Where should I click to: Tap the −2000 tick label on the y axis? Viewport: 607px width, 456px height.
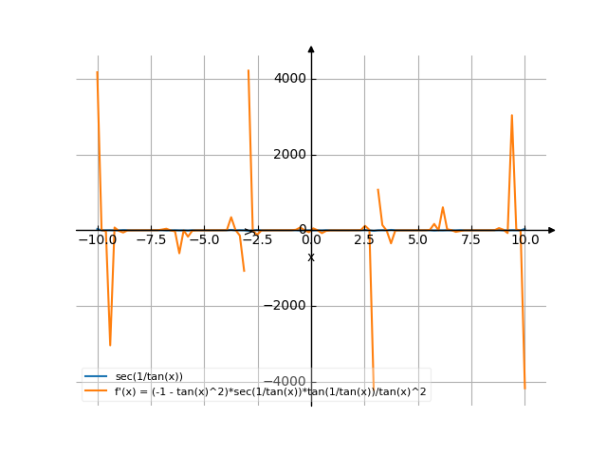click(287, 306)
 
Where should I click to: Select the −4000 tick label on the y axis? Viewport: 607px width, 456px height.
click(287, 382)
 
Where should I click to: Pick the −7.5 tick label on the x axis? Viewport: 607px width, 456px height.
click(151, 240)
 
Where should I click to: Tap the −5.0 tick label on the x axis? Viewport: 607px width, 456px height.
click(204, 240)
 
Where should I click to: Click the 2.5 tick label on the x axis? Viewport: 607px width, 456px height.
click(364, 240)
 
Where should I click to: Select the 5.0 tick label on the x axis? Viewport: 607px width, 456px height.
click(417, 240)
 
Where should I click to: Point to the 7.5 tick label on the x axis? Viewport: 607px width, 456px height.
click(471, 240)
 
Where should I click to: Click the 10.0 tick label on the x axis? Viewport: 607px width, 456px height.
click(524, 240)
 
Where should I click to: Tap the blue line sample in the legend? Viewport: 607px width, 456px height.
click(96, 377)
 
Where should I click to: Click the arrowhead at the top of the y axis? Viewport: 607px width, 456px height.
click(311, 48)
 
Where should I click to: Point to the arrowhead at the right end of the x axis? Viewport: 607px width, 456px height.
click(552, 230)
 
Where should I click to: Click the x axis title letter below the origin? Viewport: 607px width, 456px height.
click(311, 256)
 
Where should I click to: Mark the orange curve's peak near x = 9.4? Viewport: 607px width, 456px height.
click(511, 115)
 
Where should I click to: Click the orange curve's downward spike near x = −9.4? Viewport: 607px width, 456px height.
click(110, 345)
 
